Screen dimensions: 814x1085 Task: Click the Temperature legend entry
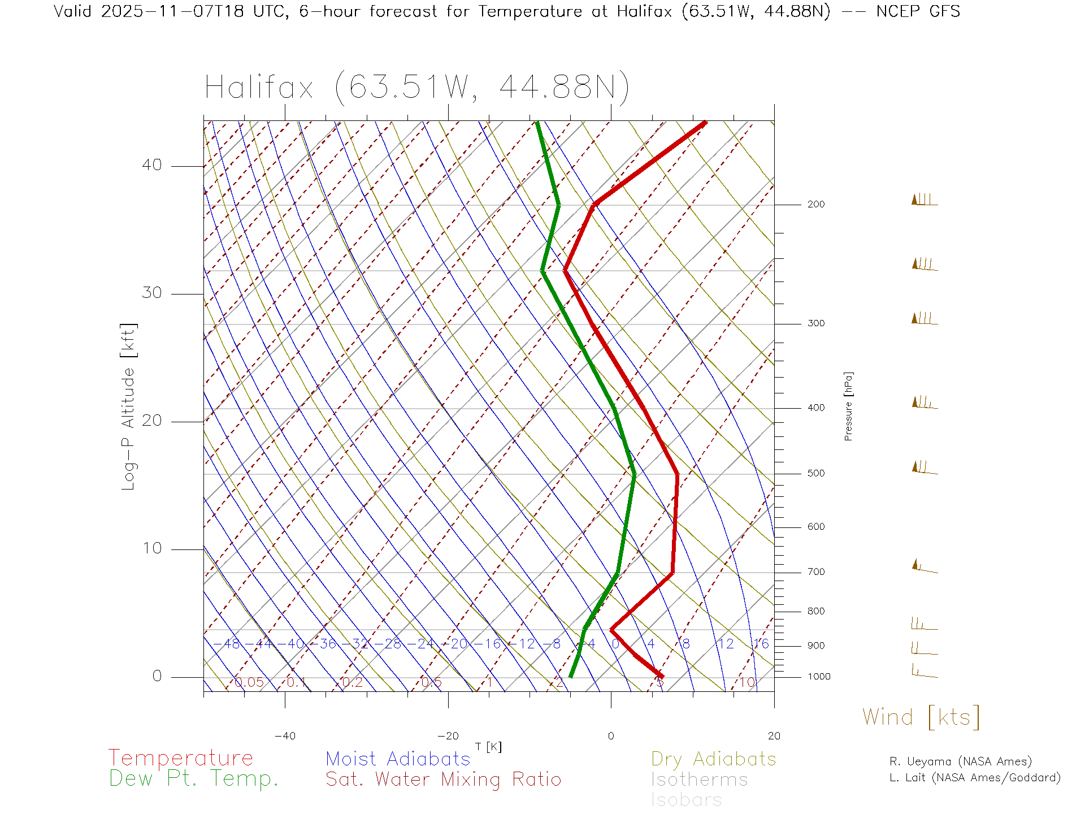pyautogui.click(x=180, y=757)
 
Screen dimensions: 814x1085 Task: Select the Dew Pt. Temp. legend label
pyautogui.click(x=193, y=778)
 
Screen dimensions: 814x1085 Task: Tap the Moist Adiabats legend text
pyautogui.click(x=398, y=759)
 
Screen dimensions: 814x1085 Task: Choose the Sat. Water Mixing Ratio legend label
pyautogui.click(x=443, y=779)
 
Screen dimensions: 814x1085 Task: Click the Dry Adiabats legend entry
pyautogui.click(x=713, y=759)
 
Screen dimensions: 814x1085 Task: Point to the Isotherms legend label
pyautogui.click(x=699, y=780)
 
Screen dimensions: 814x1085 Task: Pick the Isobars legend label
pyautogui.click(x=686, y=800)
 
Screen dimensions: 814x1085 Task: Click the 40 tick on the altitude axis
pyautogui.click(x=151, y=165)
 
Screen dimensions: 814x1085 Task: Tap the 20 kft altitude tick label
pyautogui.click(x=151, y=421)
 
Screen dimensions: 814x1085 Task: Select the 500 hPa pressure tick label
pyautogui.click(x=815, y=473)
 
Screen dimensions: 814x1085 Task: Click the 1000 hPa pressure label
pyautogui.click(x=819, y=677)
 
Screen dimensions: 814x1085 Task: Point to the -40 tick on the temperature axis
pyautogui.click(x=285, y=736)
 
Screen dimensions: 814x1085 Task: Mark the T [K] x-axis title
pyautogui.click(x=488, y=747)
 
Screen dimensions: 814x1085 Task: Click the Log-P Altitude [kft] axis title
pyautogui.click(x=129, y=407)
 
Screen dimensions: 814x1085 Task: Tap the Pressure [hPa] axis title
pyautogui.click(x=848, y=406)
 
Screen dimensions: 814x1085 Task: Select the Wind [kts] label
pyautogui.click(x=921, y=717)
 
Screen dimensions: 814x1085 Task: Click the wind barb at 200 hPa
pyautogui.click(x=924, y=200)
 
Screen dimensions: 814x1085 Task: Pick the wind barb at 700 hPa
pyautogui.click(x=924, y=567)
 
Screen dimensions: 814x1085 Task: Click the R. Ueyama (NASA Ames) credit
pyautogui.click(x=960, y=761)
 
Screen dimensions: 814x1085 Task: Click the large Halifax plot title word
pyautogui.click(x=259, y=88)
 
